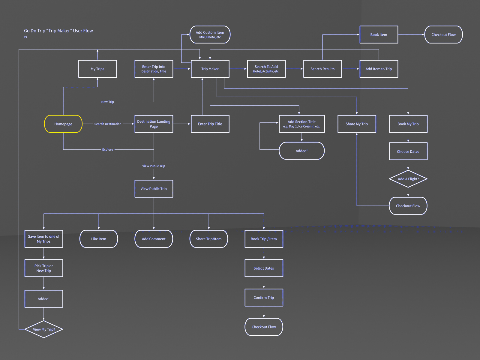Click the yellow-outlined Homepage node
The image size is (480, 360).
click(x=63, y=124)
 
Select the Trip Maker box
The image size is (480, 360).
click(x=210, y=69)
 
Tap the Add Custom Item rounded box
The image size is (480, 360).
click(x=210, y=34)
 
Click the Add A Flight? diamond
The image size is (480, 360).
click(x=408, y=179)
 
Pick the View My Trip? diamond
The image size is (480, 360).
click(x=44, y=329)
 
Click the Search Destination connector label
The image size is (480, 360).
click(x=108, y=124)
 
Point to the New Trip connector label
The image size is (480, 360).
click(x=107, y=102)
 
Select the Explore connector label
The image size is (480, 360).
click(x=107, y=149)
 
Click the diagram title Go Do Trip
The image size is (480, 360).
click(x=58, y=31)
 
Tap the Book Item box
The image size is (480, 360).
click(x=379, y=34)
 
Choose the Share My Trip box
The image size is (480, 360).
click(x=357, y=124)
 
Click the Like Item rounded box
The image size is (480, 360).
click(x=99, y=239)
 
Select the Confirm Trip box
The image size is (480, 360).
click(x=264, y=298)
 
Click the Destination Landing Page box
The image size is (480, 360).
click(x=154, y=124)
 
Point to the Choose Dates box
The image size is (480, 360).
click(x=408, y=151)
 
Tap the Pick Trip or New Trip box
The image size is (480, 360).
click(x=44, y=268)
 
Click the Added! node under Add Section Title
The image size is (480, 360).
click(x=301, y=151)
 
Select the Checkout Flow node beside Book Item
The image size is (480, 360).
click(x=443, y=34)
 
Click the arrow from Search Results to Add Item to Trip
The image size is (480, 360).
click(x=350, y=69)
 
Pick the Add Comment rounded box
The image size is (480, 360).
click(x=154, y=239)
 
